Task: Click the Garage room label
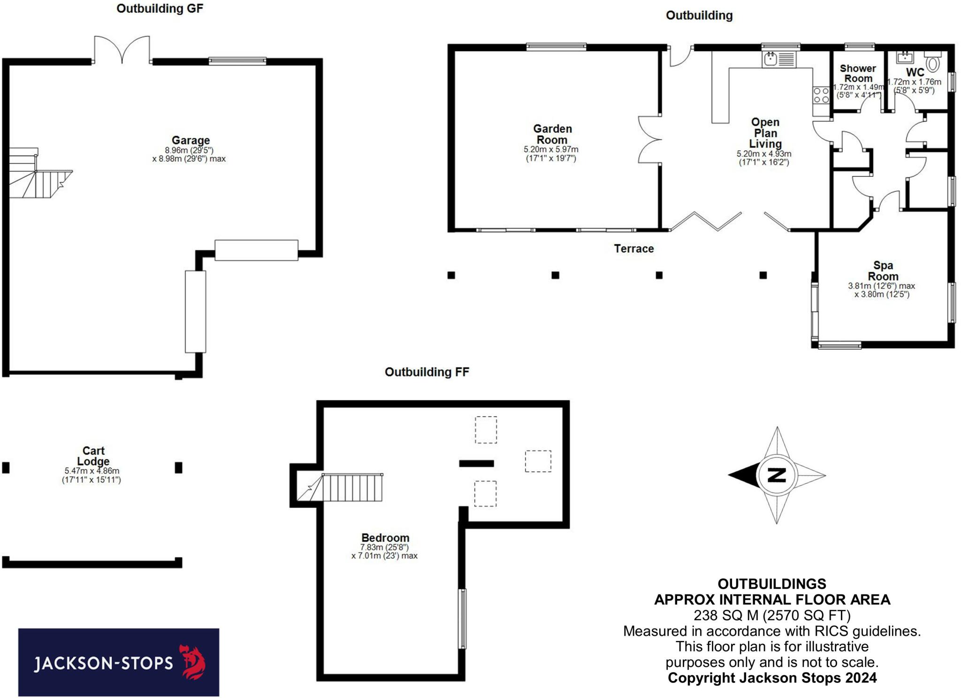(191, 140)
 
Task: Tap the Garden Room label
(552, 134)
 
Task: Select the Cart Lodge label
(93, 456)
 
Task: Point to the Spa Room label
(883, 271)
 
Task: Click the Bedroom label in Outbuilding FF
(385, 538)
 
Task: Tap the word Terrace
(633, 249)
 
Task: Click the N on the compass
(777, 475)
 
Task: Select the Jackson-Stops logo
(119, 662)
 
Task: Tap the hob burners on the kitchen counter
(821, 95)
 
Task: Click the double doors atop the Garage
(122, 50)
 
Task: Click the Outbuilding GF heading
(160, 8)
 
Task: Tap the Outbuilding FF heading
(427, 372)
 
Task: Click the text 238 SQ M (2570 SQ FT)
(772, 615)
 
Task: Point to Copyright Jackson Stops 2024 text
(772, 678)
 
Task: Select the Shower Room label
(858, 74)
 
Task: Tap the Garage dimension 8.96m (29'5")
(189, 151)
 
